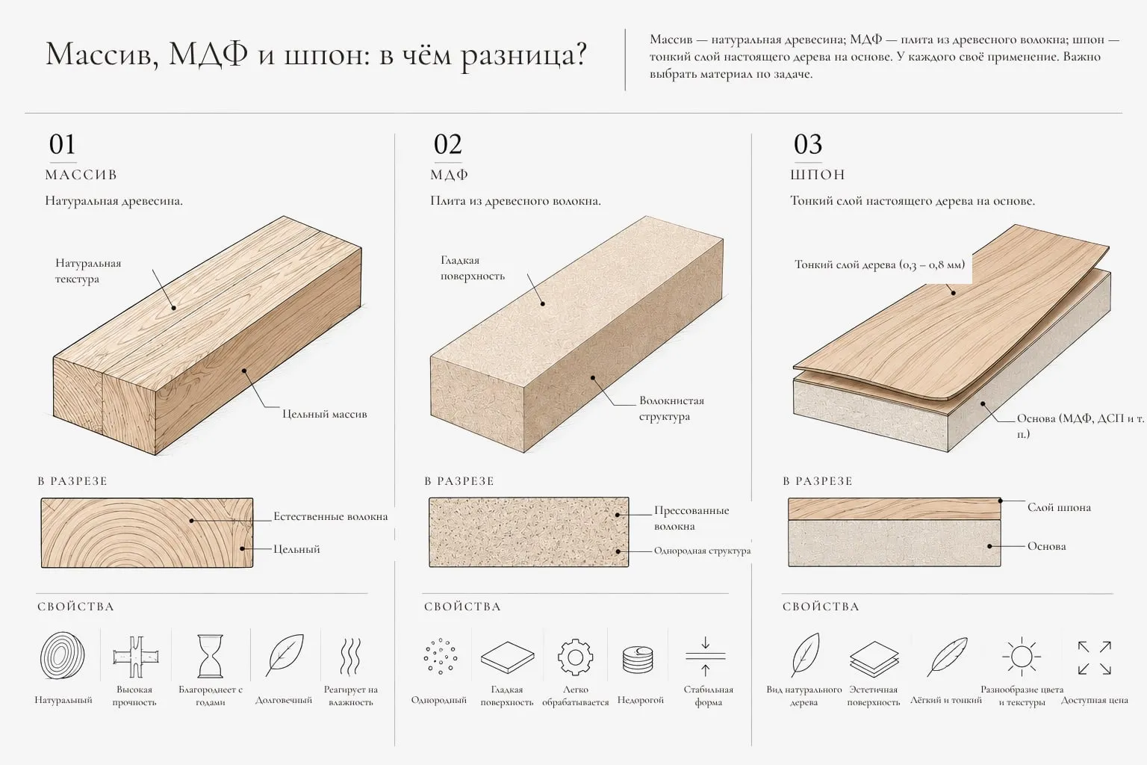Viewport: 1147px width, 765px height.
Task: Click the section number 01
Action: click(63, 144)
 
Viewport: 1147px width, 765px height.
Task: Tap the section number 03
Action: click(808, 144)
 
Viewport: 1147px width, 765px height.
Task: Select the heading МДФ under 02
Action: click(450, 175)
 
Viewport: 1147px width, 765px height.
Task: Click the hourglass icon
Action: click(211, 656)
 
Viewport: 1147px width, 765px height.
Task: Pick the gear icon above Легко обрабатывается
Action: click(575, 657)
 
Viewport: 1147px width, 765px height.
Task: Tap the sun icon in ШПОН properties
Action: click(1022, 657)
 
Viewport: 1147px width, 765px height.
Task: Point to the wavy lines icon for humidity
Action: click(351, 657)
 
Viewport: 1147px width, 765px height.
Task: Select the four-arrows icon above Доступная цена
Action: click(1094, 657)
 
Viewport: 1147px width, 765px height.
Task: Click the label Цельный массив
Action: click(325, 414)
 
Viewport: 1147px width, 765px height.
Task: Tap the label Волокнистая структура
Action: click(671, 409)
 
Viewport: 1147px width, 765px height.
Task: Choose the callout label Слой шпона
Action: click(1059, 507)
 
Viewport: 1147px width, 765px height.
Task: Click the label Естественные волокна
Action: click(330, 516)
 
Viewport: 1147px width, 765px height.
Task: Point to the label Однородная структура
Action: click(702, 551)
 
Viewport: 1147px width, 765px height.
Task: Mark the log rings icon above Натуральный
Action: click(63, 655)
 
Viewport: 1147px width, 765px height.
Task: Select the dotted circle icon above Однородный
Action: click(440, 657)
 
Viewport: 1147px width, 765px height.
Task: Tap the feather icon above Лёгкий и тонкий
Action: click(948, 657)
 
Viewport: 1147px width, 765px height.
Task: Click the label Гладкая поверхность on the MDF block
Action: click(473, 268)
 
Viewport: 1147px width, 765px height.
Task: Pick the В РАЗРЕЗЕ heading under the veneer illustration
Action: click(818, 481)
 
